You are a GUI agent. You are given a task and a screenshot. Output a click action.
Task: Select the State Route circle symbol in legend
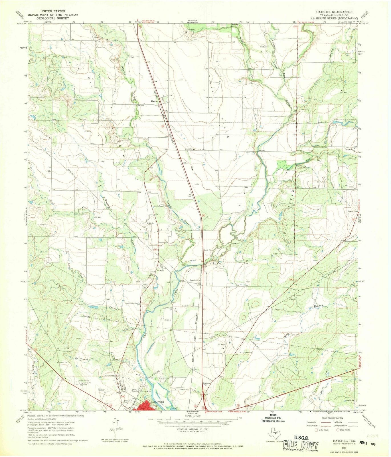coord(338,430)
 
